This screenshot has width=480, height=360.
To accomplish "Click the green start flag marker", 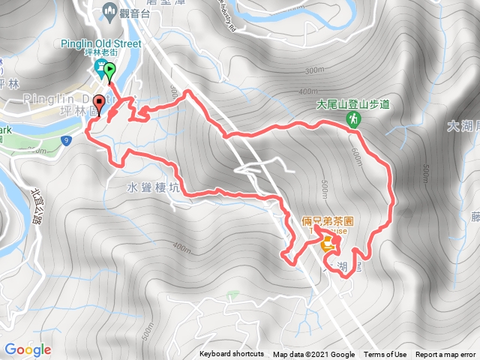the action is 109,72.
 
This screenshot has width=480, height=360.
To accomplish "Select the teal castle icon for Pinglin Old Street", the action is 100,70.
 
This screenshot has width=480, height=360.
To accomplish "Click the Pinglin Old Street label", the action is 101,44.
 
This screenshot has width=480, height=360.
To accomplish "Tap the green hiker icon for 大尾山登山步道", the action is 352,119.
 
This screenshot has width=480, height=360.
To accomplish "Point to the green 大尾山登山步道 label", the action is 352,105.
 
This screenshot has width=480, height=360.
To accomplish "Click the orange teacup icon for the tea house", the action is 328,244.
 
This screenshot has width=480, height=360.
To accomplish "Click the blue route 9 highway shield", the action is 67,140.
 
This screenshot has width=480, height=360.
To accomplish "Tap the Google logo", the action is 28,349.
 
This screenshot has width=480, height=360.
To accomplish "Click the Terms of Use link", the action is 385,355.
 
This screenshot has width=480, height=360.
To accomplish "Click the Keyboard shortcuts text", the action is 232,355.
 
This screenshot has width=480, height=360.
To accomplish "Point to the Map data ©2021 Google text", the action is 313,355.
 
